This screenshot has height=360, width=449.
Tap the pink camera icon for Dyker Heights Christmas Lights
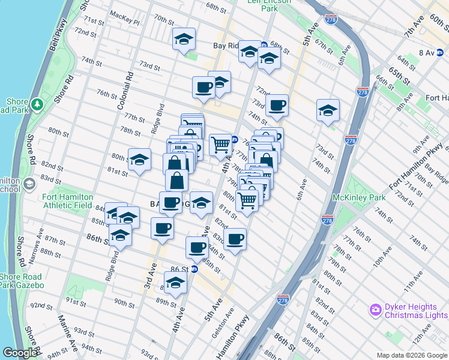pyautogui.click(x=376, y=310)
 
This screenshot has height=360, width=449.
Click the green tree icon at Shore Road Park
pyautogui.click(x=37, y=105)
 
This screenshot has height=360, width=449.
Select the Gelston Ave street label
pyautogui.click(x=223, y=324)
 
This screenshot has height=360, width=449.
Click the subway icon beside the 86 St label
pyautogui.click(x=194, y=269)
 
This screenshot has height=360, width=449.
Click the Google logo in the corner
pyautogui.click(x=19, y=353)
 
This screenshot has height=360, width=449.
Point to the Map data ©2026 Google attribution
pyautogui.click(x=411, y=355)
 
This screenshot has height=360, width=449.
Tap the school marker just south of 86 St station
pyautogui.click(x=175, y=283)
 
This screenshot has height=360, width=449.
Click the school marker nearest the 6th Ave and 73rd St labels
pyautogui.click(x=328, y=110)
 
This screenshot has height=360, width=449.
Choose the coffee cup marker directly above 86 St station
pyautogui.click(x=196, y=246)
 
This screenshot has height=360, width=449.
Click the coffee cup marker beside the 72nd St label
pyautogui.click(x=277, y=105)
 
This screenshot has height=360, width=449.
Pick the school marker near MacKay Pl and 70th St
pyautogui.click(x=184, y=40)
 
